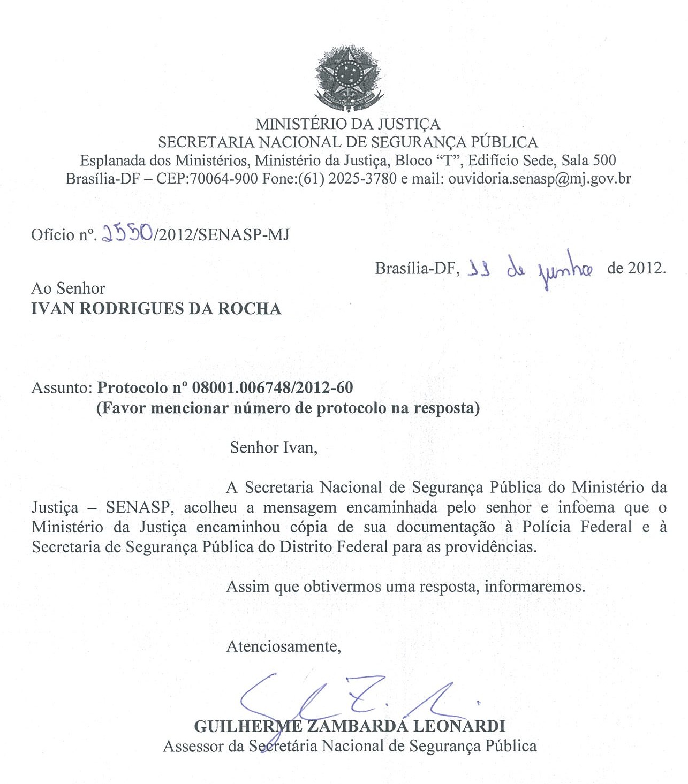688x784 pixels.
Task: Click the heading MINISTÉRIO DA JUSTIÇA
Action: (x=347, y=124)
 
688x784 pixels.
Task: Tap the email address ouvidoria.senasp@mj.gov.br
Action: (x=539, y=178)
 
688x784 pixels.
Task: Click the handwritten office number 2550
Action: (x=127, y=233)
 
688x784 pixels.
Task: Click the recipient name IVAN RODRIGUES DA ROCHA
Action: (x=156, y=309)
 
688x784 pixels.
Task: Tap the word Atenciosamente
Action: (x=284, y=646)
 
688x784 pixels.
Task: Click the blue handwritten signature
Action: (x=343, y=698)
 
